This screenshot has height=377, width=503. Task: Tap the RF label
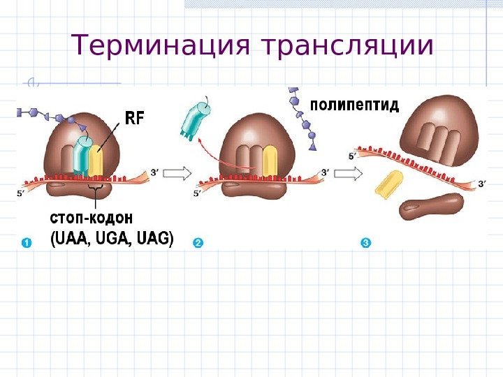click(134, 118)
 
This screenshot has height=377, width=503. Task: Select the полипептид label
click(354, 106)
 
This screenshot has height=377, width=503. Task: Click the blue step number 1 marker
click(26, 243)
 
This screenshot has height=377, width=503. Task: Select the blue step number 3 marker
click(365, 243)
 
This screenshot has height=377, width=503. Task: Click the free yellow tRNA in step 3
click(391, 183)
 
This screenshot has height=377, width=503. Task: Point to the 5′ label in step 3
click(353, 157)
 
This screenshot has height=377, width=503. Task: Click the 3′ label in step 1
click(155, 170)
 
